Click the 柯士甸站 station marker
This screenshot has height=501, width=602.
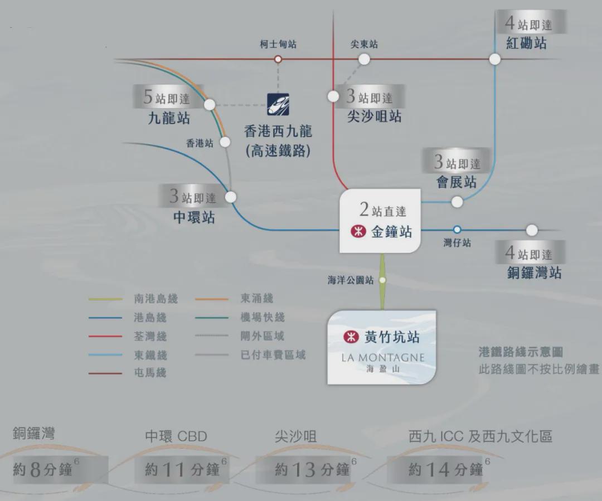click(278, 59)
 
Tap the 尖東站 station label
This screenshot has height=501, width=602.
click(364, 45)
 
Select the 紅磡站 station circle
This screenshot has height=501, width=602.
click(495, 59)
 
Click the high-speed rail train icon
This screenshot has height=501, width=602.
click(278, 104)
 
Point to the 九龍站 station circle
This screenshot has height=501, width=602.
click(210, 104)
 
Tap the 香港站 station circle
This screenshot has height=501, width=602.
click(225, 142)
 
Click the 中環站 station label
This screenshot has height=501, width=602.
click(194, 217)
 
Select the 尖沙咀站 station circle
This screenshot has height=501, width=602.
click(333, 96)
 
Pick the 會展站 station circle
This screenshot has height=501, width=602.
click(457, 202)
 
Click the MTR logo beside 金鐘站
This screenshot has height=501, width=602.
click(358, 231)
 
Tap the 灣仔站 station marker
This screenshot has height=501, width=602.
click(457, 230)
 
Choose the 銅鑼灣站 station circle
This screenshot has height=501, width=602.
click(532, 230)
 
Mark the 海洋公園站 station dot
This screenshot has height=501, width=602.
click(382, 280)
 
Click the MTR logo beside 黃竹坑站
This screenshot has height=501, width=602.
click(351, 337)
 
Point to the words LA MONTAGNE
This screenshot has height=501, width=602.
click(383, 358)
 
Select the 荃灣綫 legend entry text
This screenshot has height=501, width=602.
click(150, 336)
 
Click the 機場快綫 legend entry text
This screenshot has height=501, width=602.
click(263, 317)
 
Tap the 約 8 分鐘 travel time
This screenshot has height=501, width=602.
click(42, 469)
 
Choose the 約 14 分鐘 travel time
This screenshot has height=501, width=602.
click(445, 469)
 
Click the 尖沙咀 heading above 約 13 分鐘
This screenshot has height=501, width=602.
click(295, 436)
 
